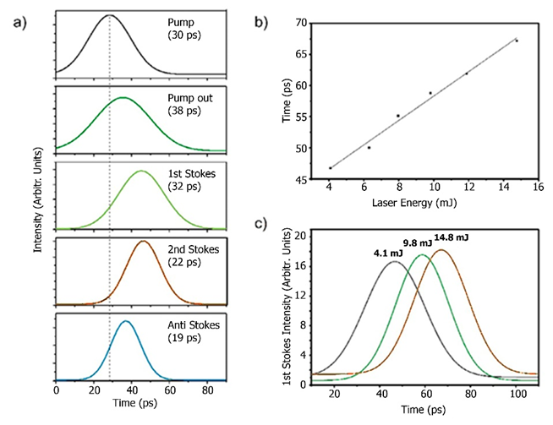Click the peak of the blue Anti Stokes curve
click(125, 321)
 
